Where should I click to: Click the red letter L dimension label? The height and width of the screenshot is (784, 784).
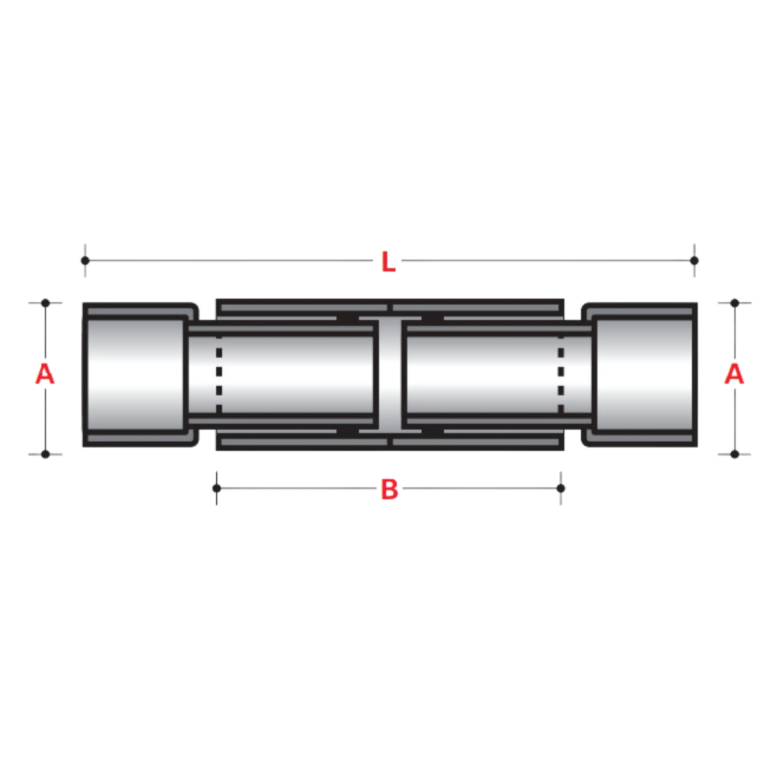coord(387,262)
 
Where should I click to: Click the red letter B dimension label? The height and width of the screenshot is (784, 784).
coord(389,490)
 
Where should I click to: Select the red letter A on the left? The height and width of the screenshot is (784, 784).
coord(45,374)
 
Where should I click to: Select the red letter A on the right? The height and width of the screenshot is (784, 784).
coord(734,374)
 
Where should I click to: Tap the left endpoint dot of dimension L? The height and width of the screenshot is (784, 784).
coord(85,260)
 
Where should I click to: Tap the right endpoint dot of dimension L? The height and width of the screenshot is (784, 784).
coord(694,260)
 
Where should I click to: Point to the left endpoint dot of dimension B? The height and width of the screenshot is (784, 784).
coord(216,488)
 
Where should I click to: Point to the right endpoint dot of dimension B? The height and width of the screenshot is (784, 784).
coord(561,488)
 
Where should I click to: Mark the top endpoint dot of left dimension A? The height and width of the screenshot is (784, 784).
coord(45,302)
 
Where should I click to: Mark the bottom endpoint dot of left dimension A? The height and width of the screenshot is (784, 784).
coord(45,454)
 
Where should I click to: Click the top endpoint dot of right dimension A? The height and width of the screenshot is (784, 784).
coord(734,302)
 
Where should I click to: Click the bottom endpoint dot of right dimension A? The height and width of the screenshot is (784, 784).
coord(734,454)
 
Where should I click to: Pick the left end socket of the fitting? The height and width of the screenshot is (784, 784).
coord(136,375)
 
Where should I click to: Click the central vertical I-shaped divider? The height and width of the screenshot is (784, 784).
coord(391,375)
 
